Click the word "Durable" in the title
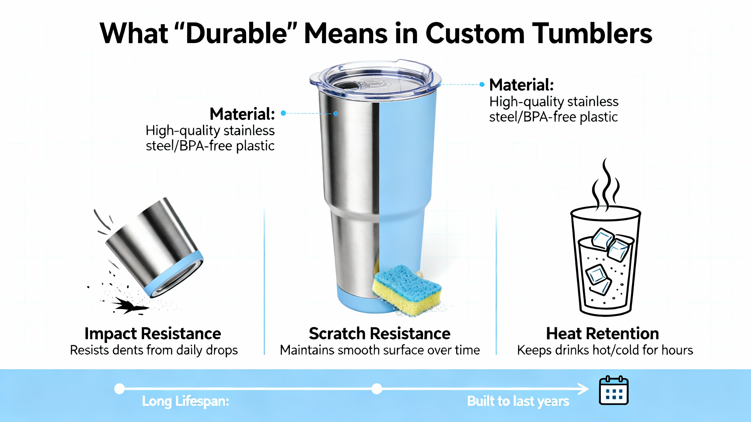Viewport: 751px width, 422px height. [x=236, y=33]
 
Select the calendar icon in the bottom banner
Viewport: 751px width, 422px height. [x=613, y=390]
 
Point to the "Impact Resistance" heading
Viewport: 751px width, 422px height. [x=153, y=333]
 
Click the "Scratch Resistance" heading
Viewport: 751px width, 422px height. [x=380, y=333]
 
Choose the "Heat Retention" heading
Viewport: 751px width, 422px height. [x=603, y=333]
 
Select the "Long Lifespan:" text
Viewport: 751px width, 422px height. [x=185, y=401]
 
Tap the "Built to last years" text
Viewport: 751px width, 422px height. [x=518, y=401]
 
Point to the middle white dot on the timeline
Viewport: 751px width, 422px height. [x=377, y=389]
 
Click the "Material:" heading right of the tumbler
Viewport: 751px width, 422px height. [x=522, y=85]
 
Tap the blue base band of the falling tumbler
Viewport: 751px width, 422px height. [x=176, y=277]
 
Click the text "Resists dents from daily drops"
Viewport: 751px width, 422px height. [x=154, y=350]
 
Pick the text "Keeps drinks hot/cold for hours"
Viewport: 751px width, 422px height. [x=605, y=350]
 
